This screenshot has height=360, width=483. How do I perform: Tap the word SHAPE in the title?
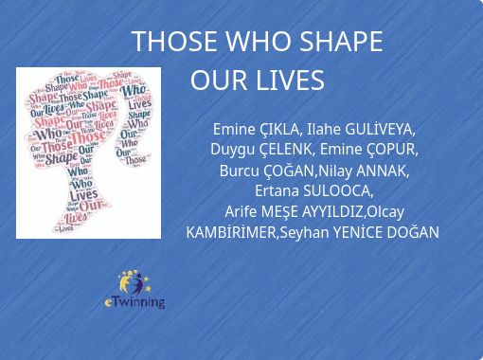tap(341, 43)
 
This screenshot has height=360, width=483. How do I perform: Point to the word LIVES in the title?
tap(292, 81)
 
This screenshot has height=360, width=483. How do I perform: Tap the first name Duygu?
tap(233, 150)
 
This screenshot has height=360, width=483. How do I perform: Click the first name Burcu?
tap(239, 171)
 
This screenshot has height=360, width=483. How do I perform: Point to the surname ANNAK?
tap(383, 171)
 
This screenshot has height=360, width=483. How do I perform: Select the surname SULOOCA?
tap(340, 191)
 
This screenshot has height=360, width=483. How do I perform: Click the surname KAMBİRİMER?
tap(231, 232)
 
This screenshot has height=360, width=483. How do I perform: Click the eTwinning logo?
tap(134, 290)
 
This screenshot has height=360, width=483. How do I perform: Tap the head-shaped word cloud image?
tap(88, 152)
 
